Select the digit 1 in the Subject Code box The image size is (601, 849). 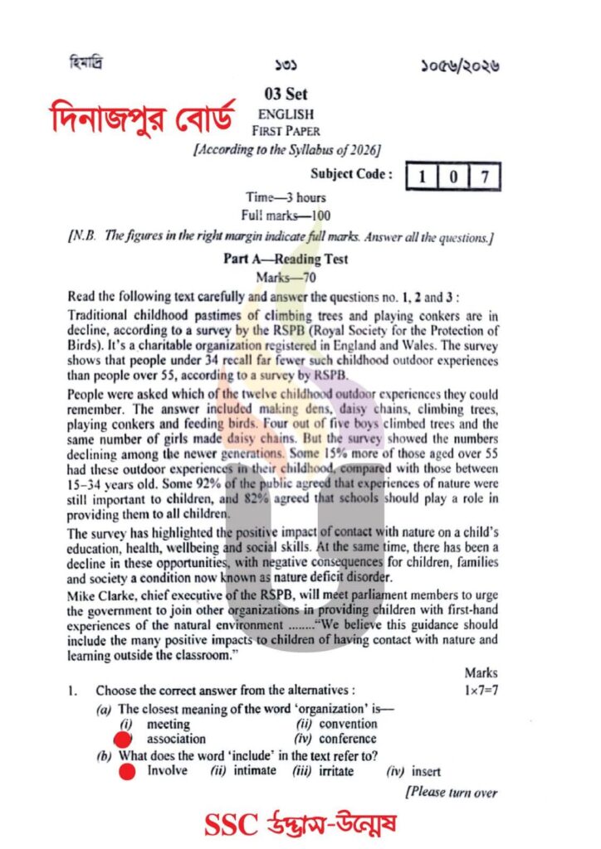point(423,176)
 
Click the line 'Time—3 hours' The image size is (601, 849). point(286,197)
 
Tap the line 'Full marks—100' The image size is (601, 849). point(286,216)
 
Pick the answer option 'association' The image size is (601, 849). point(176,739)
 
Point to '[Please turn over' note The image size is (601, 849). point(452,793)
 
